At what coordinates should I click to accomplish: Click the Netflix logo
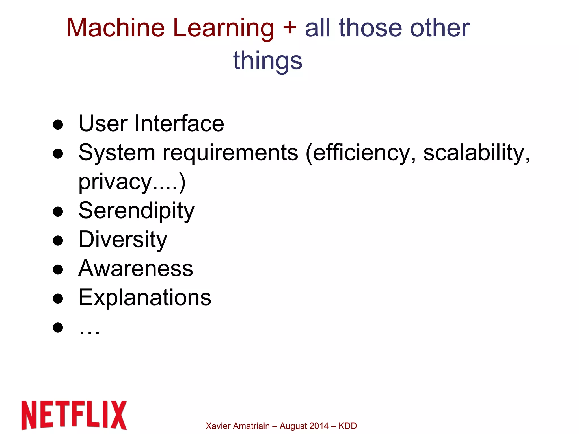coord(74,415)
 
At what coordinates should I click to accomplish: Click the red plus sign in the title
coord(289,27)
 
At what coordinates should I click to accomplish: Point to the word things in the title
coord(268,61)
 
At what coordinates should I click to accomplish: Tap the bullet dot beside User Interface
coord(58,125)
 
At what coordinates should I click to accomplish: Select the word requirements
coord(230,153)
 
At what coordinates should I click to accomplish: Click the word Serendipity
coord(137,211)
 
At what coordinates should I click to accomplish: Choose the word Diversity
coord(123,239)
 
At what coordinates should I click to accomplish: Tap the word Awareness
coord(136,269)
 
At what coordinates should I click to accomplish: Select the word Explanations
coord(145,298)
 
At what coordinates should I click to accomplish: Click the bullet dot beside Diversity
coord(58,241)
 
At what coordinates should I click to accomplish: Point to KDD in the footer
coord(348,426)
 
